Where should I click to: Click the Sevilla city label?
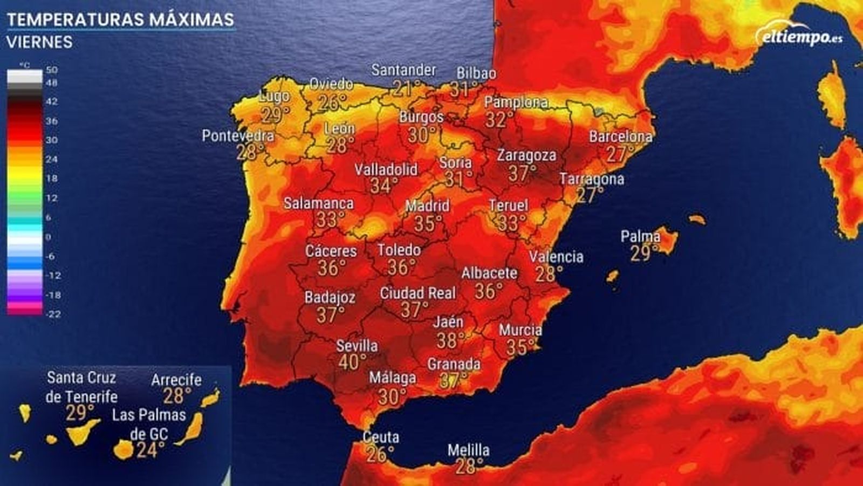tap(357, 346)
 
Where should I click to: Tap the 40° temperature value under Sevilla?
tap(352, 362)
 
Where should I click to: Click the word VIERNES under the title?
tap(39, 42)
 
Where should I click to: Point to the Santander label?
tap(403, 70)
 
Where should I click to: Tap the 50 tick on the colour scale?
tap(52, 70)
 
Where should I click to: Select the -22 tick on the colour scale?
tap(53, 314)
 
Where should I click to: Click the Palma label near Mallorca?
tap(640, 236)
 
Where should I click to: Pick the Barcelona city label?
tap(620, 136)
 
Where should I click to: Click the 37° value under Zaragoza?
tap(522, 174)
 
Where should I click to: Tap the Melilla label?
tap(468, 450)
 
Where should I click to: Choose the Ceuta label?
tap(381, 437)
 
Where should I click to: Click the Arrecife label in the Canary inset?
tap(176, 380)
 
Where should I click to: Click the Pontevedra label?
tap(238, 135)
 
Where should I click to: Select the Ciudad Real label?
tap(417, 293)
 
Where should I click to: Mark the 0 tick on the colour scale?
tap(49, 237)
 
